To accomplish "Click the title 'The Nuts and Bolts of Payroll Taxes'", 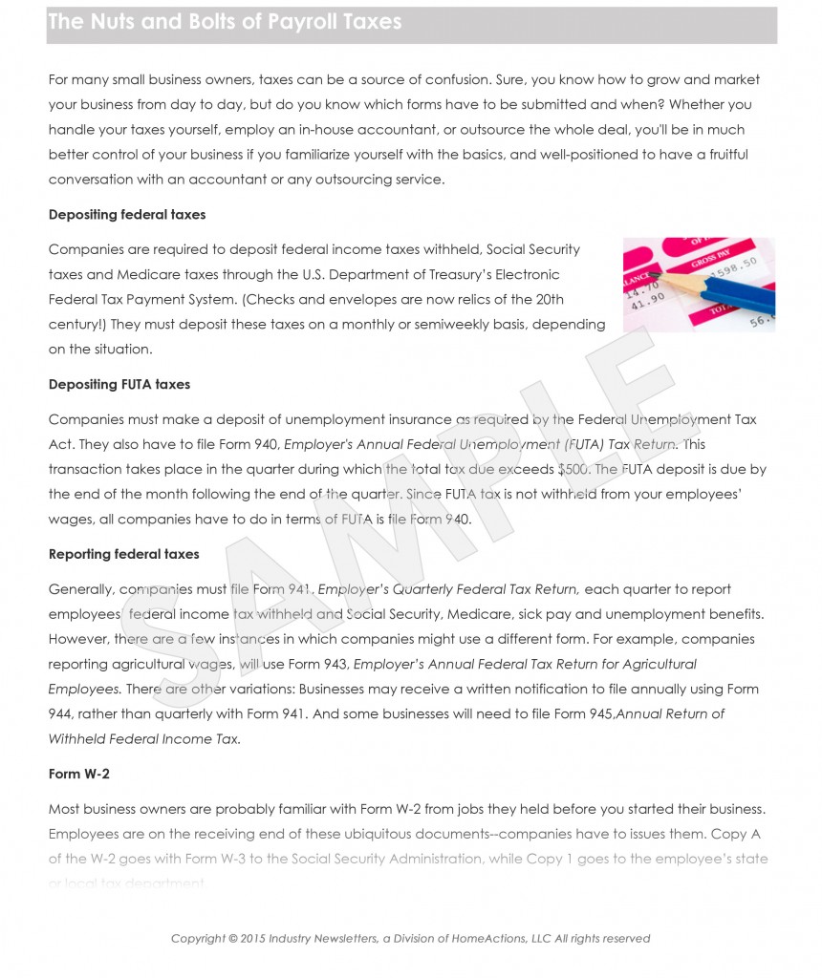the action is point(225,22).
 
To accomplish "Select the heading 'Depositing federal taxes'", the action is point(127,215).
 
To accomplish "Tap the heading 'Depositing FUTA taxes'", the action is point(119,385).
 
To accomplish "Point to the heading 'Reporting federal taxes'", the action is point(124,555).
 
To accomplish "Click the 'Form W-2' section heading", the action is point(79,775).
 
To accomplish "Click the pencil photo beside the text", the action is point(699,285).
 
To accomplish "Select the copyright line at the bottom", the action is point(410,939).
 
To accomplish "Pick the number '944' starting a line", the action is point(60,713).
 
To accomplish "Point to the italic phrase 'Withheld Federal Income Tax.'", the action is point(144,738).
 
